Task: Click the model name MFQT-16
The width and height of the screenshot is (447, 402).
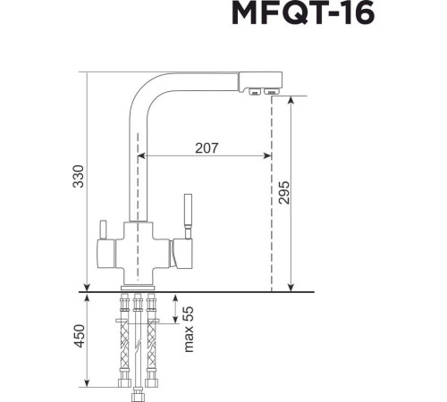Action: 303,15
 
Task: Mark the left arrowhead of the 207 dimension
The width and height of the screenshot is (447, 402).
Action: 148,155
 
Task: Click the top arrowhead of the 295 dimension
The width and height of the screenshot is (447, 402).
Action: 291,99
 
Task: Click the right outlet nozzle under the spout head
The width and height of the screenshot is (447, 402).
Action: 269,90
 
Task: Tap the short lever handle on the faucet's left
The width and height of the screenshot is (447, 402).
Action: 101,232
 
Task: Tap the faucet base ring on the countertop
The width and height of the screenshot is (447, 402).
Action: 138,287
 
